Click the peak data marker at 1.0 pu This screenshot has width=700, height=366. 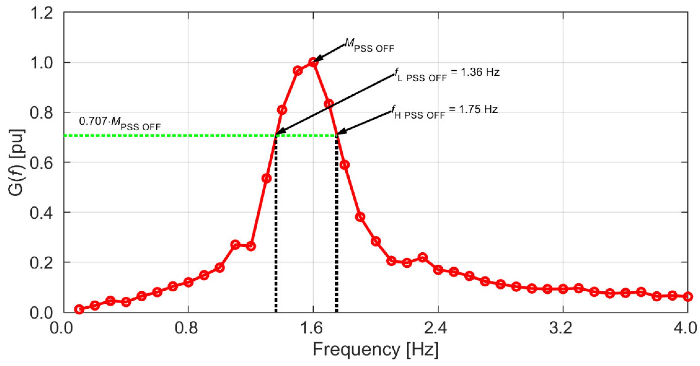313,62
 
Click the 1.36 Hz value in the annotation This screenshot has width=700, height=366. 480,72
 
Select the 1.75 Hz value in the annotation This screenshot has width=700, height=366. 478,109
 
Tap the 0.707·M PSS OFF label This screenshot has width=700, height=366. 120,122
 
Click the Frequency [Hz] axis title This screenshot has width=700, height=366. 375,350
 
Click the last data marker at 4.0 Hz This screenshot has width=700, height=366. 687,297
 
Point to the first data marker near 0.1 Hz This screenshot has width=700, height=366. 79,309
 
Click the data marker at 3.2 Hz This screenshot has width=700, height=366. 563,289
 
